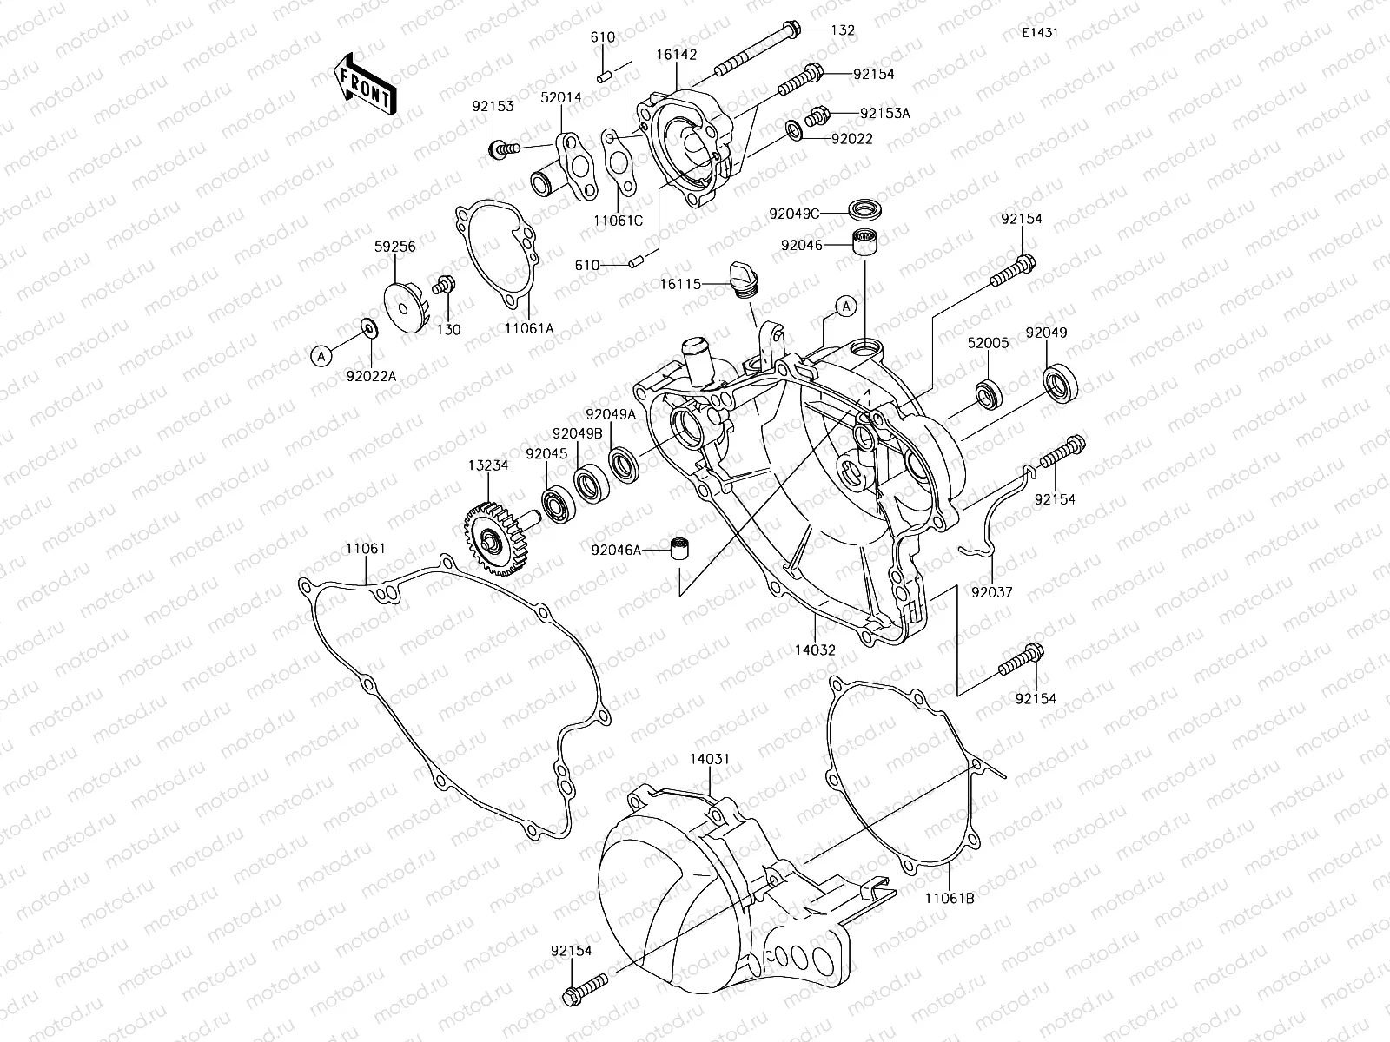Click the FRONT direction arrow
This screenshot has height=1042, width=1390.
[x=364, y=82]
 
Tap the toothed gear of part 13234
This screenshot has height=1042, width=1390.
[x=488, y=540]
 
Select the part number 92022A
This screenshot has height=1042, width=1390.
[x=371, y=375]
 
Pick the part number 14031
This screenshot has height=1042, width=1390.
[x=710, y=759]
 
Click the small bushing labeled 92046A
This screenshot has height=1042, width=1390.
[x=678, y=550]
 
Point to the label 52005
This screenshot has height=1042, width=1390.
[x=989, y=343]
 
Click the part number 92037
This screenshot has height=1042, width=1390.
[x=992, y=592]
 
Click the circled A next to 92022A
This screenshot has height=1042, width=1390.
[x=321, y=354]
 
